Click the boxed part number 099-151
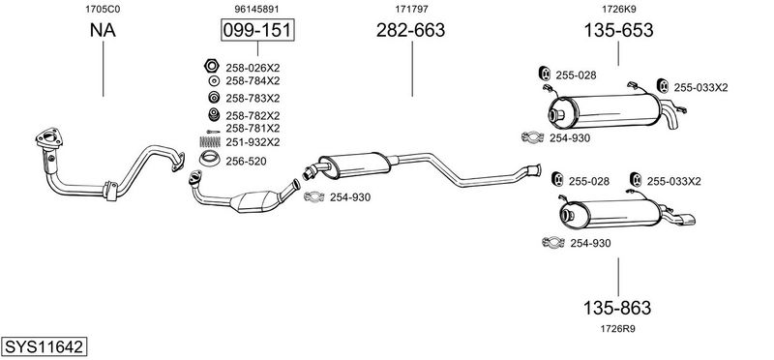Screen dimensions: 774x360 (257, 30)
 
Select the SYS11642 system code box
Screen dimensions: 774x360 (44, 346)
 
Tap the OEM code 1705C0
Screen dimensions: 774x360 (103, 9)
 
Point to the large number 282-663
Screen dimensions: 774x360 (410, 30)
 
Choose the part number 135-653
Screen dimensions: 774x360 (618, 30)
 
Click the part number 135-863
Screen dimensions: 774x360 (617, 308)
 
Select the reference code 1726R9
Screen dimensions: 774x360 (617, 328)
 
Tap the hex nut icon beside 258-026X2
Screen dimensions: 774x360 (212, 65)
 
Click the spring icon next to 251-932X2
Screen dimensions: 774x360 (209, 141)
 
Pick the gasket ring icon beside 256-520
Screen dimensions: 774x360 (209, 159)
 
